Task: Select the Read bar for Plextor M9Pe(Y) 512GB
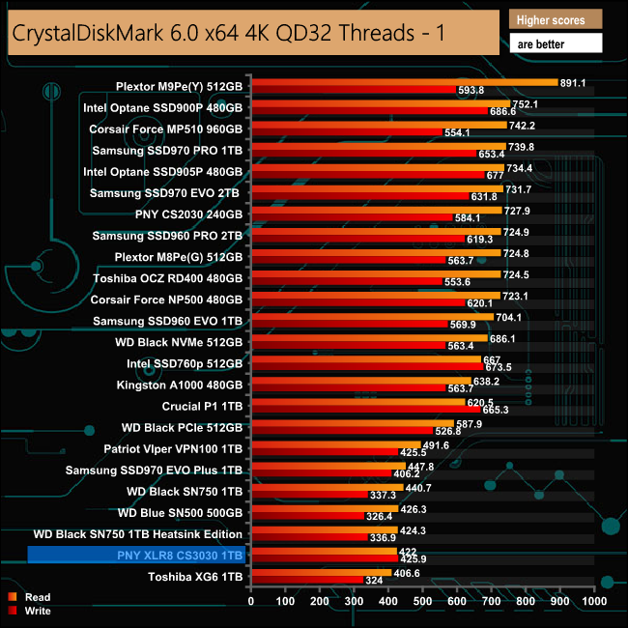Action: point(404,83)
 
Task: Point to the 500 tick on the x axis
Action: point(422,600)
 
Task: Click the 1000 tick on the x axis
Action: point(592,600)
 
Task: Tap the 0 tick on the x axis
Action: point(251,600)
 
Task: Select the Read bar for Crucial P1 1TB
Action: point(357,400)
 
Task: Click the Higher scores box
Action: point(556,19)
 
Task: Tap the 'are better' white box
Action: point(556,43)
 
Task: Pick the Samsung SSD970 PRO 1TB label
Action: point(167,151)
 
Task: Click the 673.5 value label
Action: point(499,367)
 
